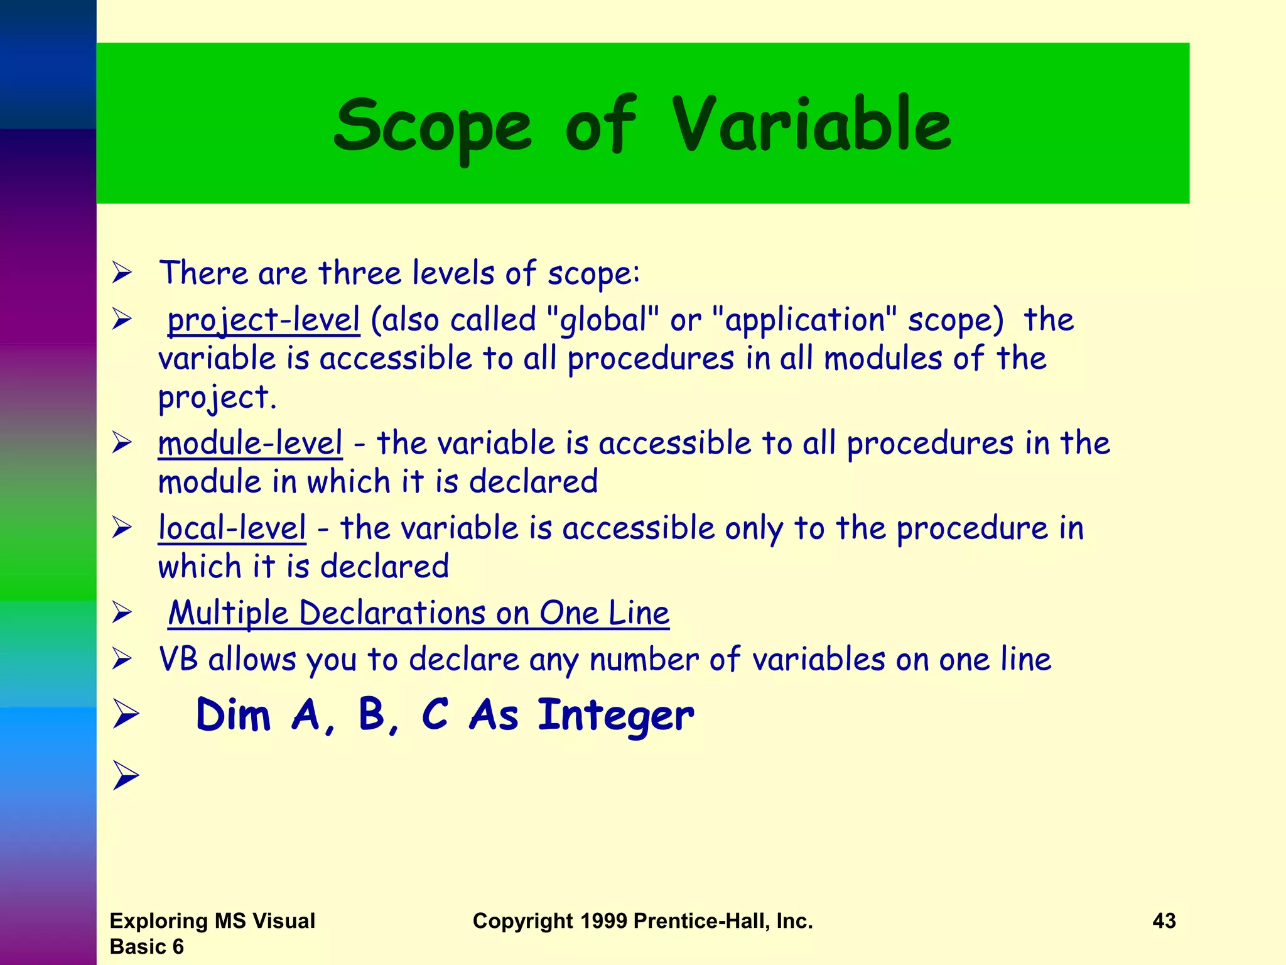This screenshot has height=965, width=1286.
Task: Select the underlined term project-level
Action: click(x=264, y=320)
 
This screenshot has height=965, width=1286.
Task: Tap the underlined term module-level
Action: click(x=251, y=444)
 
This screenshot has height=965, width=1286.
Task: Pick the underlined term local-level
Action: click(x=232, y=528)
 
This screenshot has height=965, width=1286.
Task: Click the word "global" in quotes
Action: click(x=603, y=320)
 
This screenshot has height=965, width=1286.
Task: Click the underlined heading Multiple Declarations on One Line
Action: click(x=419, y=613)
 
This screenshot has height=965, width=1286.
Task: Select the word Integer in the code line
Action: click(x=615, y=716)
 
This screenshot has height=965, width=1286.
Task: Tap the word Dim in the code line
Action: click(x=233, y=716)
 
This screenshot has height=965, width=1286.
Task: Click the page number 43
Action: click(x=1164, y=921)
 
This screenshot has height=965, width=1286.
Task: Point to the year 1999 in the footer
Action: click(x=603, y=921)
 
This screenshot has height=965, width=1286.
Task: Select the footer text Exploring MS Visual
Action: click(x=212, y=921)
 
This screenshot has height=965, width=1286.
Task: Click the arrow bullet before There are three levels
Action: click(x=122, y=273)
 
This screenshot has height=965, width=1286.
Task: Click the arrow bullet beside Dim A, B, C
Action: click(x=126, y=715)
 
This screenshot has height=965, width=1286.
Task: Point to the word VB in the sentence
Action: click(x=178, y=660)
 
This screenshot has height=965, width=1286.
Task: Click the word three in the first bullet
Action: click(x=359, y=273)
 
